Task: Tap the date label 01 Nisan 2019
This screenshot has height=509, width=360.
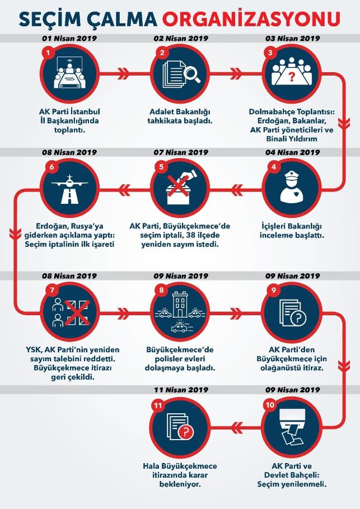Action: [x=69, y=39]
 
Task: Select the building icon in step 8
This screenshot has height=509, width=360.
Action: [x=180, y=305]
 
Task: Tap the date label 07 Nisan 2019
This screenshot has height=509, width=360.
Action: [x=180, y=152]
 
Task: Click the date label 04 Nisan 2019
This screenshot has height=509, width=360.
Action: [x=291, y=152]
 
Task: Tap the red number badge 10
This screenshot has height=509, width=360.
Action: [x=271, y=404]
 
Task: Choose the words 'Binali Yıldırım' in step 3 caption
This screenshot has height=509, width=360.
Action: [x=291, y=137]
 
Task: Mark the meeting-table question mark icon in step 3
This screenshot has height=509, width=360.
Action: [x=291, y=74]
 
